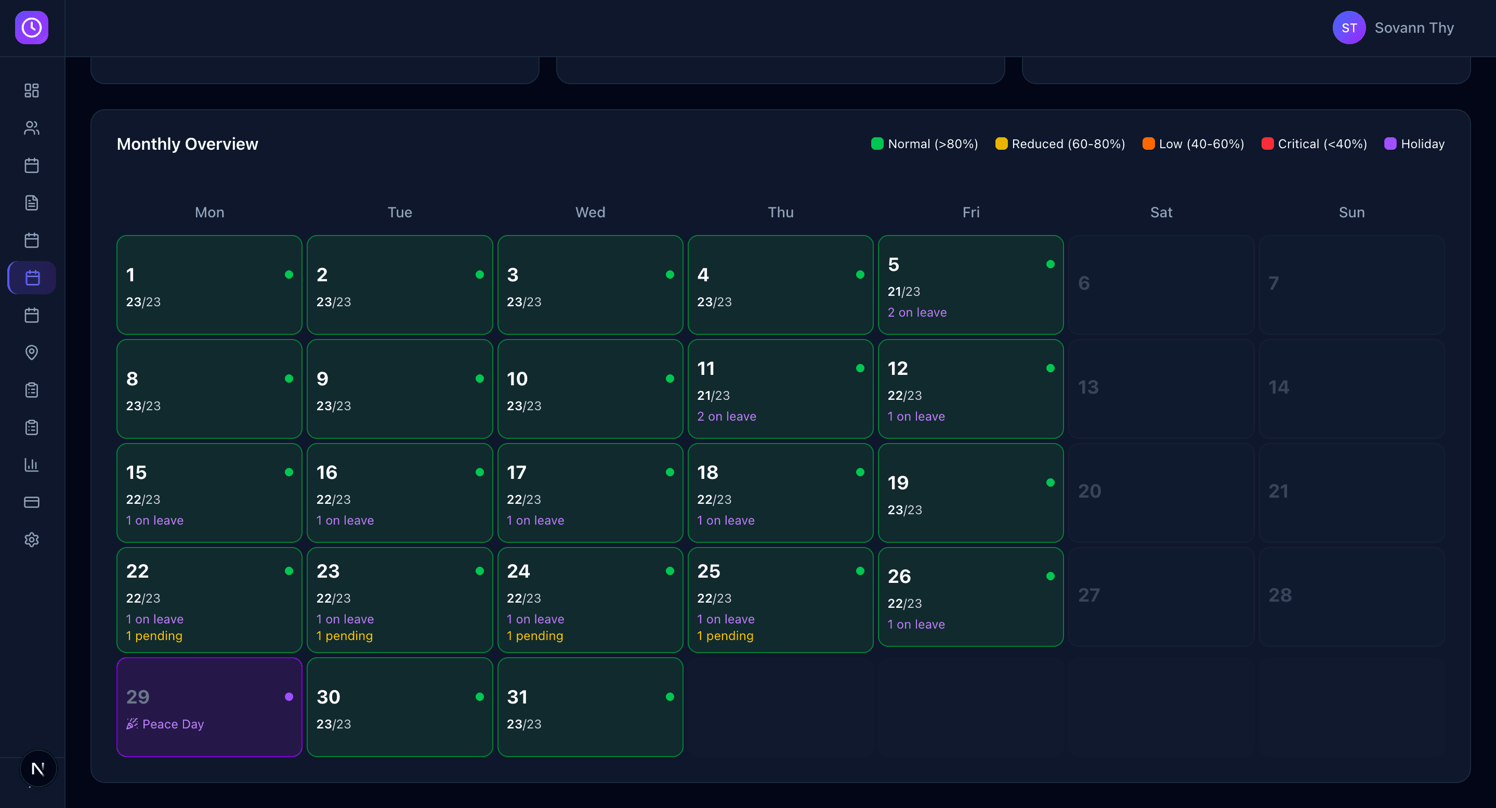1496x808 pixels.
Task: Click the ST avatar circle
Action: point(1348,28)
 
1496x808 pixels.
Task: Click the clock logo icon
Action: point(32,28)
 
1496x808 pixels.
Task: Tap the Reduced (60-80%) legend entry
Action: point(1060,144)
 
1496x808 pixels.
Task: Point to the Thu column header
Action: point(781,213)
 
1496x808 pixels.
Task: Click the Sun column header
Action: point(1351,213)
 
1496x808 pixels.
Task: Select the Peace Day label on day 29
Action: point(173,724)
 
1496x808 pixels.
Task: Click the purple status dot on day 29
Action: point(288,697)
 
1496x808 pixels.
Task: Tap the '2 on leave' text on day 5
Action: point(917,312)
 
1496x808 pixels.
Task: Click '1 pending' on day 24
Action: point(535,636)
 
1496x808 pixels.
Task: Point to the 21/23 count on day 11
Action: point(713,396)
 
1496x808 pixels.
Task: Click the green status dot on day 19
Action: point(1050,483)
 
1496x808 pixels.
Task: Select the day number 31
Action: point(517,697)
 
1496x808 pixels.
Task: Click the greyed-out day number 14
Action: point(1278,387)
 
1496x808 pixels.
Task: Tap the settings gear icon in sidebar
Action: point(32,540)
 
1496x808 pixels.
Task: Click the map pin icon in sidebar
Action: point(32,353)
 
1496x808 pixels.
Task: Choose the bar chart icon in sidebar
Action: point(32,465)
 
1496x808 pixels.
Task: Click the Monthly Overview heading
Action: point(188,144)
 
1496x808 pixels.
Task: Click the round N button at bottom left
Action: point(38,768)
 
